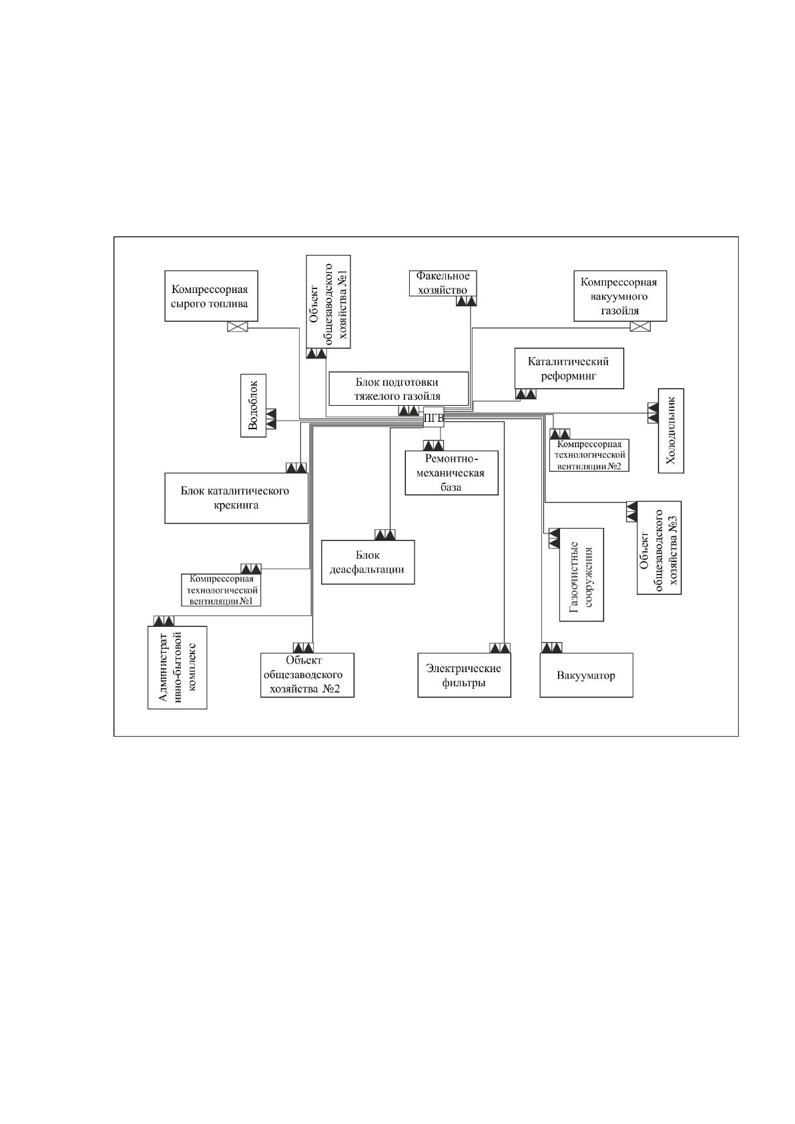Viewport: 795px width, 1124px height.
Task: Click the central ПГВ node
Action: coord(433,416)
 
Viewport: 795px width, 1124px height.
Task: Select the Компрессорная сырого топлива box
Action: coord(212,296)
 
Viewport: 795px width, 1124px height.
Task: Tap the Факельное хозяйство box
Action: coord(443,283)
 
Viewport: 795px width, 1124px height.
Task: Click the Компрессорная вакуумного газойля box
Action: coord(620,296)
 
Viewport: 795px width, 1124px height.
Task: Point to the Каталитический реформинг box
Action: coord(569,368)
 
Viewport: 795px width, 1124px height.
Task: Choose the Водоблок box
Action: coord(253,405)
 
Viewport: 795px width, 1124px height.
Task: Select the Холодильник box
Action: coord(671,431)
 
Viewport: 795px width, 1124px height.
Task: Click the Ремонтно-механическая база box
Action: coord(452,473)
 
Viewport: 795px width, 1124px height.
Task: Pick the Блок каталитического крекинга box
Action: coord(236,498)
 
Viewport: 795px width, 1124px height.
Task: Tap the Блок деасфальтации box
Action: coord(368,562)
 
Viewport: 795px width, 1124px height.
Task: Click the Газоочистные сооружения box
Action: coord(581,575)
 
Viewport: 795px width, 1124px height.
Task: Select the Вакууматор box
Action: coord(586,675)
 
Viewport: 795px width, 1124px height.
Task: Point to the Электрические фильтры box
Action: coord(465,675)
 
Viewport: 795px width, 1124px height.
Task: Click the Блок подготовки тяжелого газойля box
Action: coord(399,389)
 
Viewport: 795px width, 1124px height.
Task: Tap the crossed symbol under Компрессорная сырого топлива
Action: coord(238,326)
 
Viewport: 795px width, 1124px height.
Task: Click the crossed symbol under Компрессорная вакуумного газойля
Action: coord(640,326)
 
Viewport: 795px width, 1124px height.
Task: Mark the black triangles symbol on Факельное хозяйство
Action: coord(467,301)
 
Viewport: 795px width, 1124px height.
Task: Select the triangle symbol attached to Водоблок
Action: coord(271,418)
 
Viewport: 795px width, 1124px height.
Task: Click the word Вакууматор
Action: coord(585,675)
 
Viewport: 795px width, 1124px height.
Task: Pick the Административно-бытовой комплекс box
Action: coord(177,667)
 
